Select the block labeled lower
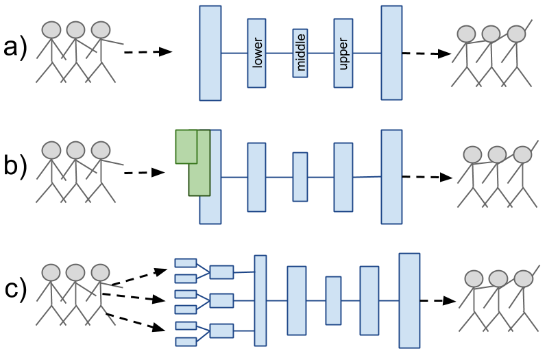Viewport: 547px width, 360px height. (256, 53)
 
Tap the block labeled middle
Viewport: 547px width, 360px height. (300, 53)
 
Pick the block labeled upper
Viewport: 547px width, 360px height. (343, 53)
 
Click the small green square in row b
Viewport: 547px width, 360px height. (186, 146)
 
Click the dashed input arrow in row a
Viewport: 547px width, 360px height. (147, 52)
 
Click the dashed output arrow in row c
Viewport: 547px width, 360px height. (439, 300)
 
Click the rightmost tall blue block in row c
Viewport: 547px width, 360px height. (409, 300)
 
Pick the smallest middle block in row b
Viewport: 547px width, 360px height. (300, 177)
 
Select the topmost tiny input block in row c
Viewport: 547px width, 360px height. (186, 263)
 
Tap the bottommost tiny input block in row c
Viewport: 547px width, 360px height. (186, 341)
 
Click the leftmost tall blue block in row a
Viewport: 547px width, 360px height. (210, 53)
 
